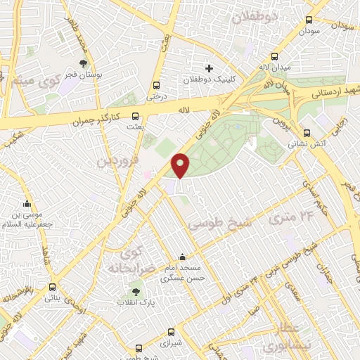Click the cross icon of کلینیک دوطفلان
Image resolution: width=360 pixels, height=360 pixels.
pos(209,68)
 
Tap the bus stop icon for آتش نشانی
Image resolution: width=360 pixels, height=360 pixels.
pos(306,133)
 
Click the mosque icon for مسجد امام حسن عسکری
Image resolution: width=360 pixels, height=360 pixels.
pos(183,257)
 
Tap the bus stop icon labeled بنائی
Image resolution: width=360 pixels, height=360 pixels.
pos(53,287)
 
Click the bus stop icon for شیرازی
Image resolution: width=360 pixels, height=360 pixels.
pos(171,332)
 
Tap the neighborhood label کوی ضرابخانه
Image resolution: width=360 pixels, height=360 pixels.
pos(131,260)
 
